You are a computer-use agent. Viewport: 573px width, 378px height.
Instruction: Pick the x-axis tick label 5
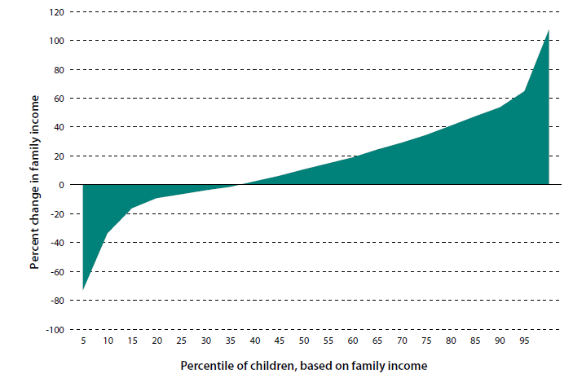tap(83, 341)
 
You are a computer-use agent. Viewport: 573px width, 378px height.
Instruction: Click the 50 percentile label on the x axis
tap(304, 341)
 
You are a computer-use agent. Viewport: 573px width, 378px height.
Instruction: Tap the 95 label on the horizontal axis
tap(524, 341)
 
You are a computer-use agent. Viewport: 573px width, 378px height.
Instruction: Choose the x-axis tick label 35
tap(231, 341)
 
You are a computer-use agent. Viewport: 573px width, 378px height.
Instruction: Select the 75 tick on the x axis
tap(426, 341)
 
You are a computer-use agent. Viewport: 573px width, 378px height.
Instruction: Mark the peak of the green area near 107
tap(548, 30)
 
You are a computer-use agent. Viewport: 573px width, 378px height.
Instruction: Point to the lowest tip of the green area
tap(83, 289)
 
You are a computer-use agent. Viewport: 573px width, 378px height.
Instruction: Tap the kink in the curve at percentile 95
tap(524, 90)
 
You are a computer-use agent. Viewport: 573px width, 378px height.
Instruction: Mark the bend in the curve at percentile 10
tap(108, 233)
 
